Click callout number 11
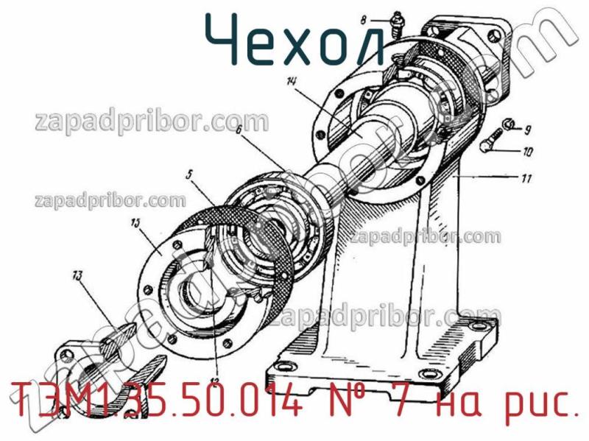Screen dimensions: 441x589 (528, 177)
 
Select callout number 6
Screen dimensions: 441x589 (239, 130)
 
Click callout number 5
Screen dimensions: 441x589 (189, 175)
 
